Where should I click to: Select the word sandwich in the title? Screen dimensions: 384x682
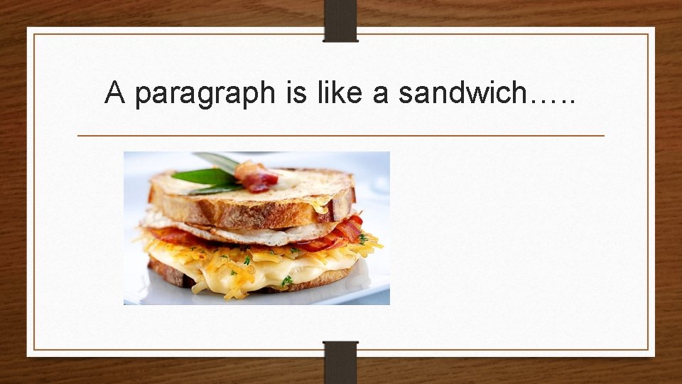pyautogui.click(x=462, y=92)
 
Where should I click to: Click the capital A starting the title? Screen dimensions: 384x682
pyautogui.click(x=114, y=92)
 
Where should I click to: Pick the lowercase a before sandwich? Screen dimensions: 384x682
pyautogui.click(x=380, y=95)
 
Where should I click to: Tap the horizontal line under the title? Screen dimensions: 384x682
pyautogui.click(x=340, y=135)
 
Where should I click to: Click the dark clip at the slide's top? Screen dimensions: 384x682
pyautogui.click(x=340, y=20)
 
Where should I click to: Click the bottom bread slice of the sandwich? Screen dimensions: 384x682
pyautogui.click(x=170, y=274)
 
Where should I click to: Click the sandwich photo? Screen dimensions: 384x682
pyautogui.click(x=256, y=228)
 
